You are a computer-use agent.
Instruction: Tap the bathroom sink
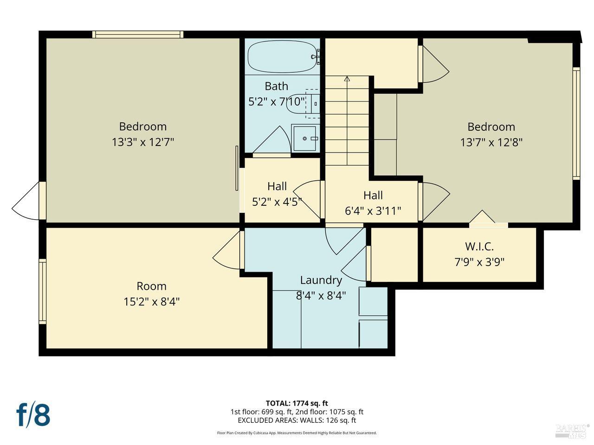pyautogui.click(x=305, y=138)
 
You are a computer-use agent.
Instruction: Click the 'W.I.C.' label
pyautogui.click(x=479, y=247)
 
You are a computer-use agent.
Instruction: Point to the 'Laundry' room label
pyautogui.click(x=321, y=280)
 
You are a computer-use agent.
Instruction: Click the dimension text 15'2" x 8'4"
pyautogui.click(x=151, y=302)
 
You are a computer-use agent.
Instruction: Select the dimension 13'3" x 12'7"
pyautogui.click(x=142, y=142)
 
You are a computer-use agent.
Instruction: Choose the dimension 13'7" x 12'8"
pyautogui.click(x=491, y=142)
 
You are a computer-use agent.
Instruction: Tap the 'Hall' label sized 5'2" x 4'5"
pyautogui.click(x=277, y=186)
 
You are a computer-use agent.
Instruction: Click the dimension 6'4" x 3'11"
pyautogui.click(x=373, y=211)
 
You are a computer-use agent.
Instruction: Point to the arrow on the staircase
pyautogui.click(x=347, y=79)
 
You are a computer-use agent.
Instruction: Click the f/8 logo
pyautogui.click(x=33, y=414)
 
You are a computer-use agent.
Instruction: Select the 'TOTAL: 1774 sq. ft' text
pyautogui.click(x=297, y=403)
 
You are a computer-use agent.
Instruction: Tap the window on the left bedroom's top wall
pyautogui.click(x=138, y=34)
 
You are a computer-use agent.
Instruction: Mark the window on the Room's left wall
pyautogui.click(x=43, y=291)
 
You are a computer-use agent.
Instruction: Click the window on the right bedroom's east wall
pyautogui.click(x=576, y=123)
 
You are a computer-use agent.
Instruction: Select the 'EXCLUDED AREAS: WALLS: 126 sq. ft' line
pyautogui.click(x=297, y=420)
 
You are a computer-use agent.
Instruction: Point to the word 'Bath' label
pyautogui.click(x=276, y=86)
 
